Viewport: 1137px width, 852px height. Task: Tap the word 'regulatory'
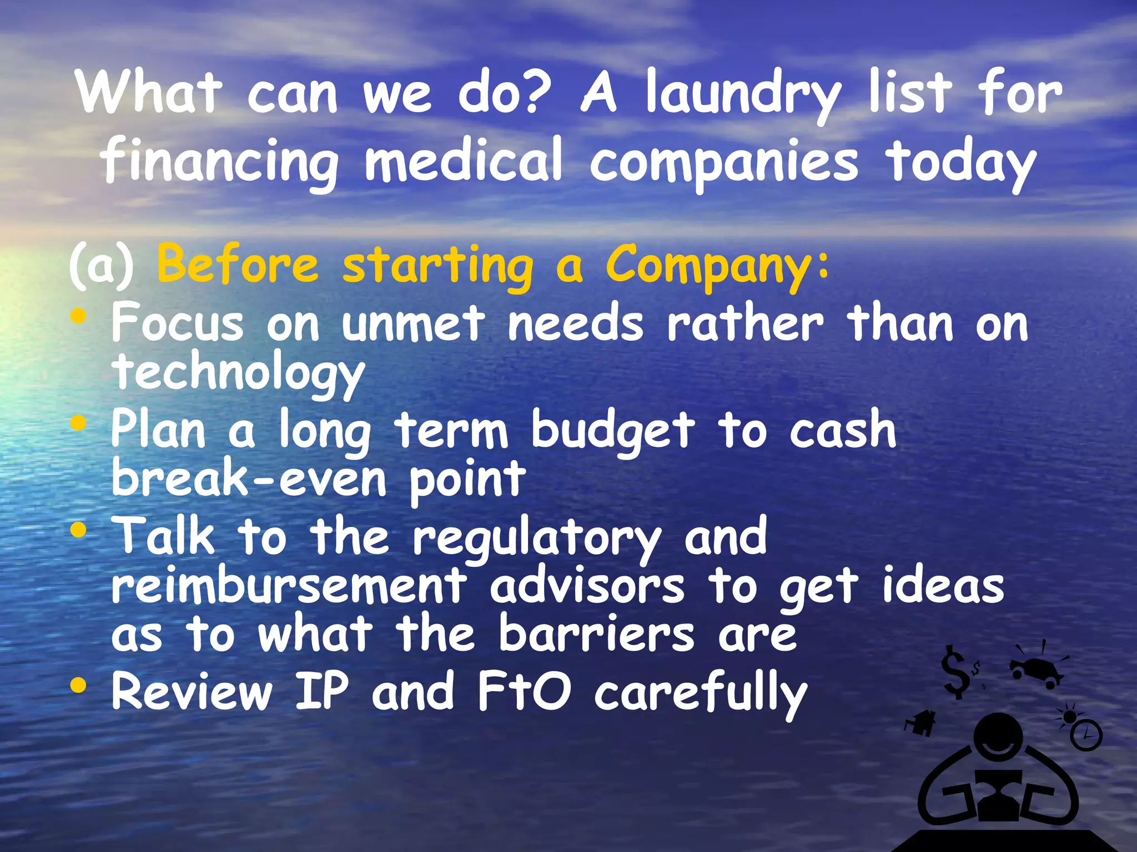coord(536,538)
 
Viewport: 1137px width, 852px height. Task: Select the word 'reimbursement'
coord(289,587)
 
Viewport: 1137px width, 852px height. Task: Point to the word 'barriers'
coord(596,635)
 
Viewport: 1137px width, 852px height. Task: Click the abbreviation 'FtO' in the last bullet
coord(524,691)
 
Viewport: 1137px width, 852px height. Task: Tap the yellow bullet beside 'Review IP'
coord(79,686)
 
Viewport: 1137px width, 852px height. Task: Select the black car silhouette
coord(1036,671)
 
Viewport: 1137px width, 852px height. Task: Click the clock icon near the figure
coord(1085,735)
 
